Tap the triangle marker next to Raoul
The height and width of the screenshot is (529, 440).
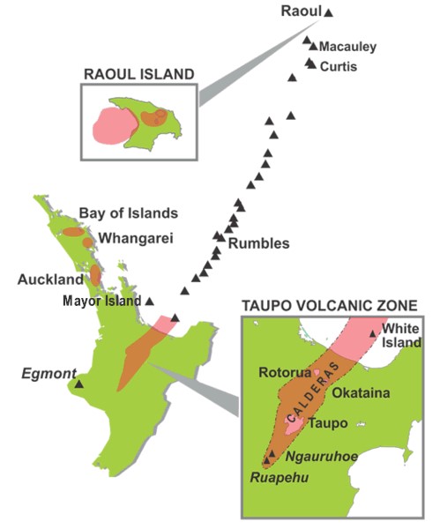click(x=329, y=13)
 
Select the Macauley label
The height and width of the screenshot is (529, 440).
click(x=347, y=47)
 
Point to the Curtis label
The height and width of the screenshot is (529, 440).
click(x=339, y=66)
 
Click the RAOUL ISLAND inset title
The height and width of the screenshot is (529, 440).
click(x=137, y=74)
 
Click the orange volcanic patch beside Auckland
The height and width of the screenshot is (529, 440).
click(x=95, y=276)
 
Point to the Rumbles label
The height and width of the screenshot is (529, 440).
click(x=258, y=244)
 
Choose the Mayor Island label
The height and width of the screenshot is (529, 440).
click(x=102, y=301)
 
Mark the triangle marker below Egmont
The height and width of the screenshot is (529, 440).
click(x=78, y=384)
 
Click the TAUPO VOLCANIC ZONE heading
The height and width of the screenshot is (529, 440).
click(x=330, y=306)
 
